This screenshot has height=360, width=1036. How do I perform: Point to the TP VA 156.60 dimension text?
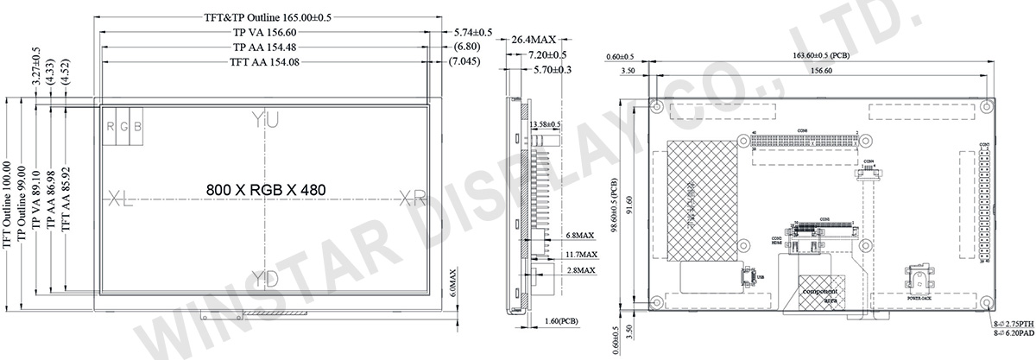266,33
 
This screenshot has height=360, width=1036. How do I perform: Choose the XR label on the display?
413,199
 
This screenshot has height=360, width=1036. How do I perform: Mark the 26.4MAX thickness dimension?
533,40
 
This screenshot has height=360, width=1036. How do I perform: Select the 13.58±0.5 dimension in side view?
544,124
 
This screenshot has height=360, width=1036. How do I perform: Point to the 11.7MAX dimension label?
581,255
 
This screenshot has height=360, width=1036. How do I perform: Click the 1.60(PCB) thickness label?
563,322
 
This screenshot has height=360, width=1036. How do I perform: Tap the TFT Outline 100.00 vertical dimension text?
8,204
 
